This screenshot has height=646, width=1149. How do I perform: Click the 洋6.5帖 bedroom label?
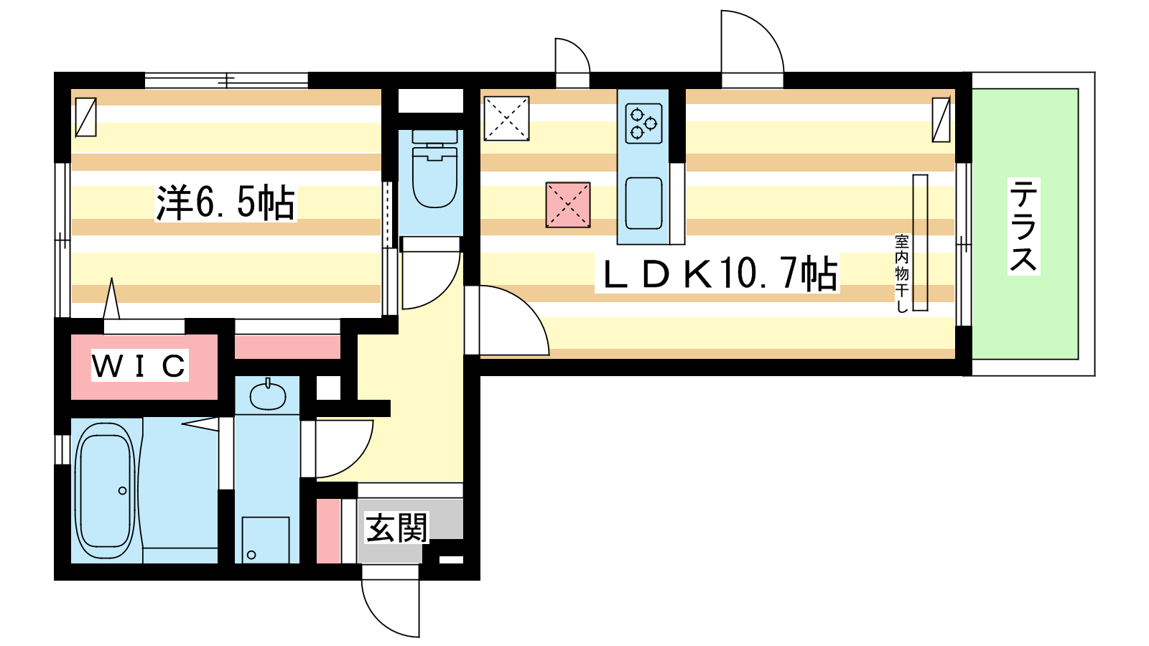coord(225,203)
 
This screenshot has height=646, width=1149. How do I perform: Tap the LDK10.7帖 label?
coord(717,273)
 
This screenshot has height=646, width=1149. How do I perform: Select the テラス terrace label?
coord(1024,226)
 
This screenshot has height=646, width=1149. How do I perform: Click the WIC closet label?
coord(139,366)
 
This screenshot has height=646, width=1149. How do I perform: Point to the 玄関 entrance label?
coord(396,528)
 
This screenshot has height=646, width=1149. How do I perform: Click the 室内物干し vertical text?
coord(902,273)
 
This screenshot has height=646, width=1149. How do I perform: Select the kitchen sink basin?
coord(643,203)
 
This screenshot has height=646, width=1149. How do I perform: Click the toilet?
coord(434,172)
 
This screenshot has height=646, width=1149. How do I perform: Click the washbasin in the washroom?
coord(268,395)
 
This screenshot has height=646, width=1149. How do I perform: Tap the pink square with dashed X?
coord(568,205)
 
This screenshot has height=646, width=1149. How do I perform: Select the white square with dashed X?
coord(506,118)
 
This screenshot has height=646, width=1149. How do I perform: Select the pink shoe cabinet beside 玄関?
coord(329,530)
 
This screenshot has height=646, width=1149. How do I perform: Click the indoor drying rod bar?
coord(920,243)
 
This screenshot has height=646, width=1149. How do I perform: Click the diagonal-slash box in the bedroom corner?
coord(85,117)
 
